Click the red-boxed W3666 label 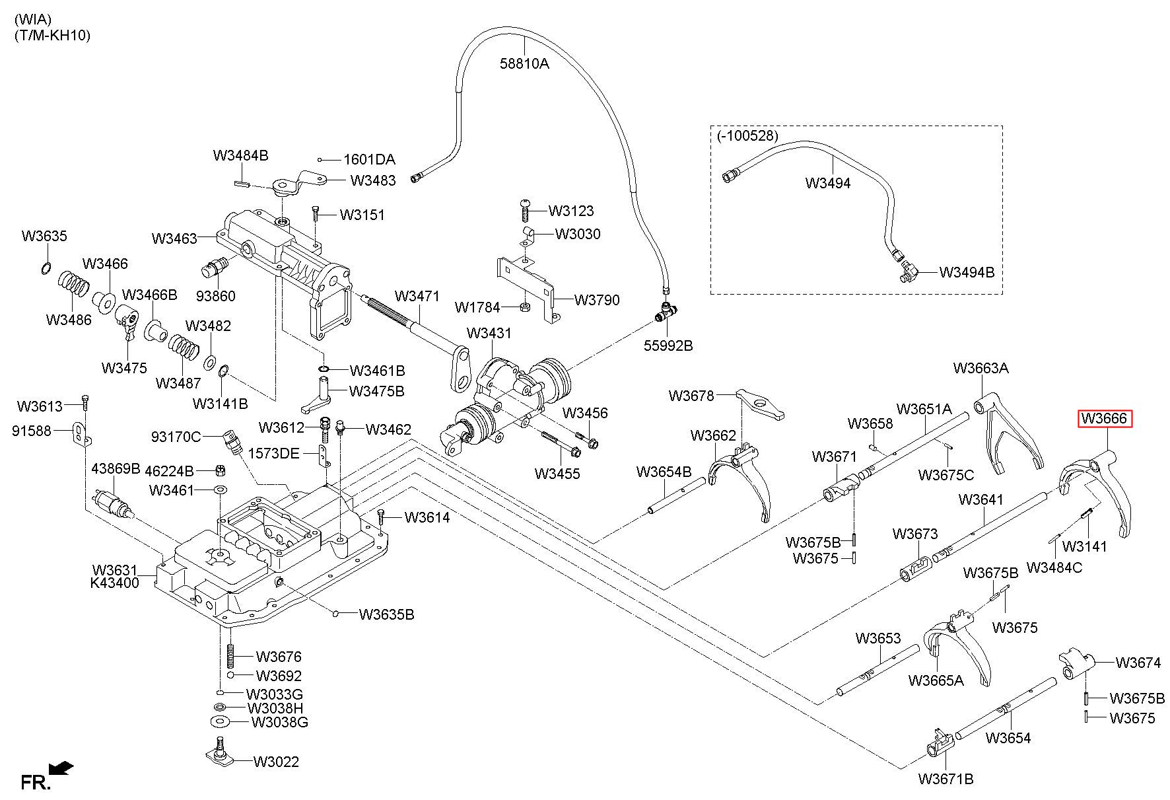1105,419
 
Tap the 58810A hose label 524,63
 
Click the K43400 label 114,583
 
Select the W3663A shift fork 1007,433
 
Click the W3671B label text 946,779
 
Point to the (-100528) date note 747,135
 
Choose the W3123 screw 526,209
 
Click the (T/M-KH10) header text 52,35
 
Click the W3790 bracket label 597,300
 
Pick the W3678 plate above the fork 759,405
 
